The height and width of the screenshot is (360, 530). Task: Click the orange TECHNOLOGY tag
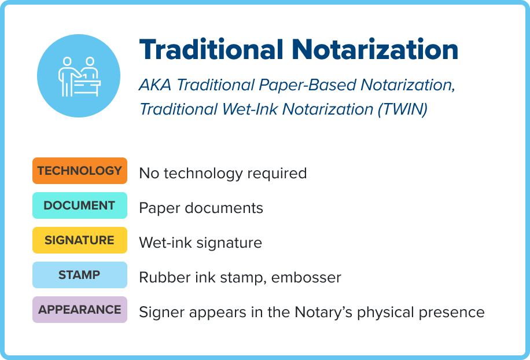click(79, 171)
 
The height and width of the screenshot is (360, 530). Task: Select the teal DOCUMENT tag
click(79, 205)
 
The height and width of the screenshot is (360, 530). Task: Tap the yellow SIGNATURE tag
click(79, 240)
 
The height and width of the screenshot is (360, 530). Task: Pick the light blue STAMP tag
click(79, 275)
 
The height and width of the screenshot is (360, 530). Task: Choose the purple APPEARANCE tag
click(79, 310)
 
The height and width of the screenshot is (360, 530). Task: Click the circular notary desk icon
click(79, 76)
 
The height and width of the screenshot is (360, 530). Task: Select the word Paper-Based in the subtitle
click(307, 85)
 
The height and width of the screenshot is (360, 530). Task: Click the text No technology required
click(223, 173)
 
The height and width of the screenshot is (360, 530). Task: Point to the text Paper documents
click(201, 208)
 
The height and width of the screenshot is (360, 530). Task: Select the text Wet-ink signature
click(200, 243)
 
